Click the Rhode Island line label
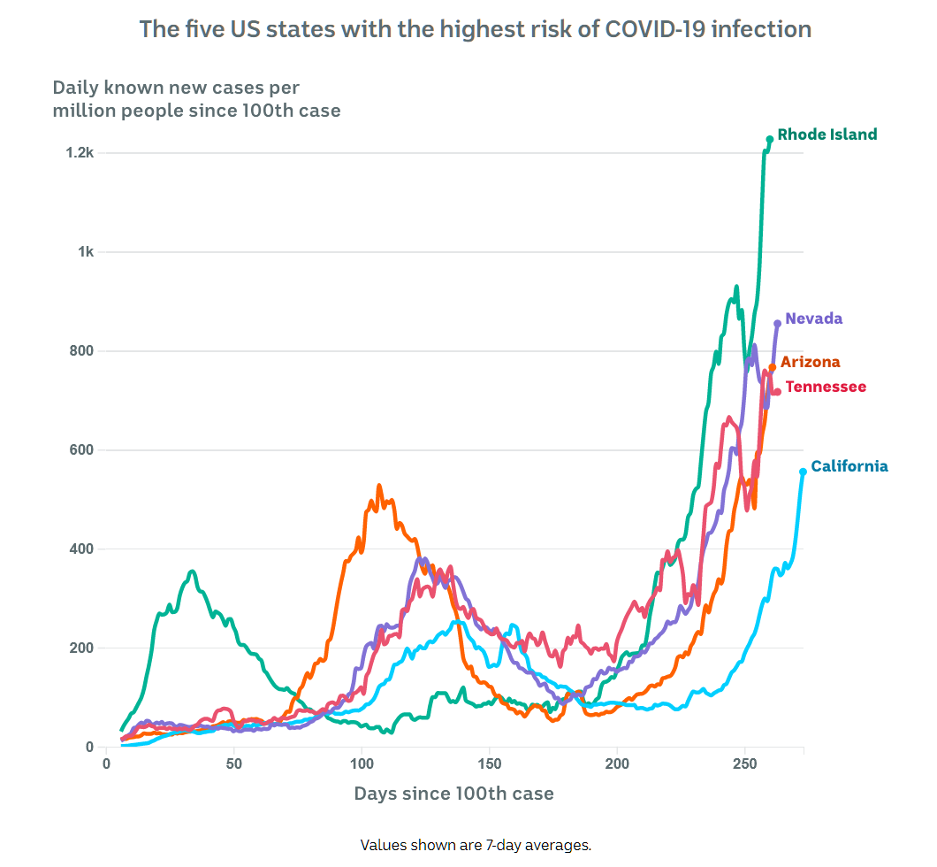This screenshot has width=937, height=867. click(x=827, y=134)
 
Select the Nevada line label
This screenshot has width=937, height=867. click(x=813, y=318)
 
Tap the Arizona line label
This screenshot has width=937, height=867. click(x=810, y=362)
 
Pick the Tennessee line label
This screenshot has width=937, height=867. click(x=826, y=387)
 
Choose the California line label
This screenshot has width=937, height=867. click(x=849, y=466)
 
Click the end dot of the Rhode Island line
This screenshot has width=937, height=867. click(x=770, y=139)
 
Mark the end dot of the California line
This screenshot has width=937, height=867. click(x=803, y=472)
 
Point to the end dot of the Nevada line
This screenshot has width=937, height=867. click(x=777, y=323)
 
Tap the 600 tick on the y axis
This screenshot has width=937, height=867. click(x=81, y=450)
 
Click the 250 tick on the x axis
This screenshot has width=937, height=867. click(x=744, y=763)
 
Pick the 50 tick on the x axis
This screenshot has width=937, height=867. click(x=233, y=763)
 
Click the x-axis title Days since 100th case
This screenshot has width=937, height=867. click(x=453, y=794)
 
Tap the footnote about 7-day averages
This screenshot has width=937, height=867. click(x=476, y=845)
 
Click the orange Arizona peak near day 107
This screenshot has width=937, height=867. click(x=379, y=486)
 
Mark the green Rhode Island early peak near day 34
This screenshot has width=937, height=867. click(x=192, y=572)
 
